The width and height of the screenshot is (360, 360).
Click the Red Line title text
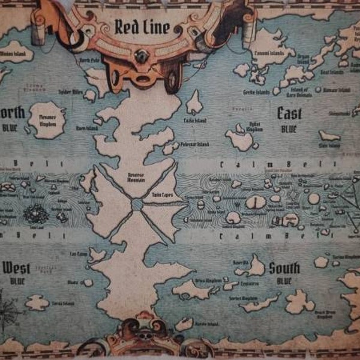tap(142, 28)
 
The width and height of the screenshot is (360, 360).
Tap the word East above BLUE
tap(289, 113)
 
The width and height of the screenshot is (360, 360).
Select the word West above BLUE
tap(16, 268)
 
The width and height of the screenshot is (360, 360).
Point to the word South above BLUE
tap(284, 268)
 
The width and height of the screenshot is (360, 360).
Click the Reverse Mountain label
tap(137, 172)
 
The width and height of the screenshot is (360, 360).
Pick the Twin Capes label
tap(157, 196)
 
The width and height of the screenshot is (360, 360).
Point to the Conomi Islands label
tap(269, 53)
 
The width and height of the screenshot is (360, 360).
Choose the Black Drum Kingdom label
tap(325, 316)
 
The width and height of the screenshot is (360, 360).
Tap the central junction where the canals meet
tap(137, 205)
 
